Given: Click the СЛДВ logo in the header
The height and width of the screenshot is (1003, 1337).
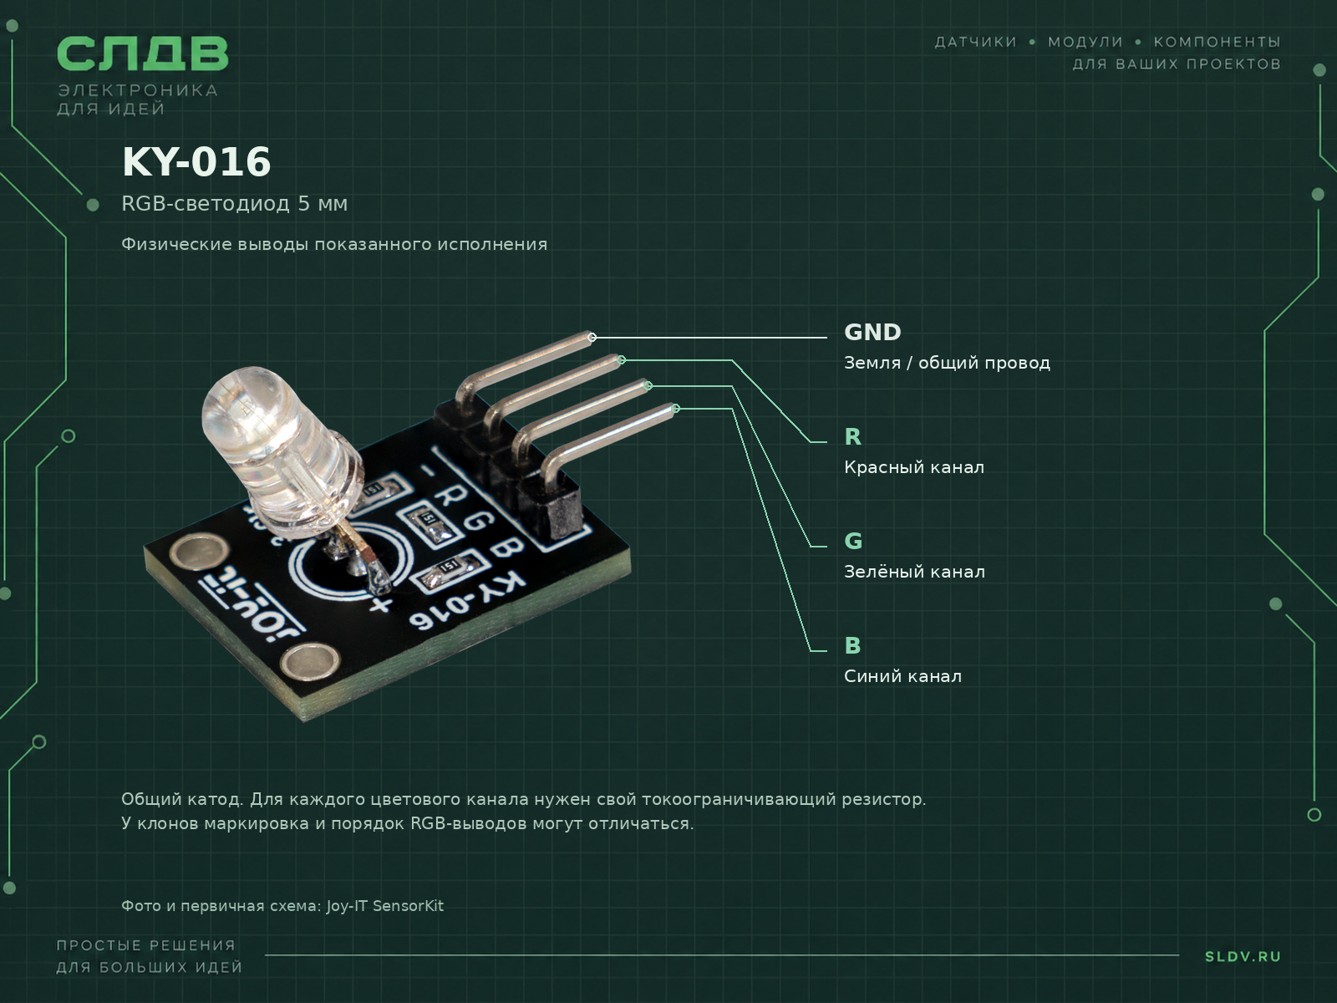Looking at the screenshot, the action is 143,53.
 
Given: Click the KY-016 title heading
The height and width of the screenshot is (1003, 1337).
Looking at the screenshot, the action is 196,162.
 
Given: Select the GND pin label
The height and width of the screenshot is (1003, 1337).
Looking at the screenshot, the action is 872,333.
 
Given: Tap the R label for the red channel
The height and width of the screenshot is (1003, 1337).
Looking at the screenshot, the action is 853,436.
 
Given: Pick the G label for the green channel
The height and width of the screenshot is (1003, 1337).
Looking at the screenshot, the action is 853,541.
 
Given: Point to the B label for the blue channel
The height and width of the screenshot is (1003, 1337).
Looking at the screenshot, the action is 853,645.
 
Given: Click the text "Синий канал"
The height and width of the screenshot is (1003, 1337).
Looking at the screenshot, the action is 902,676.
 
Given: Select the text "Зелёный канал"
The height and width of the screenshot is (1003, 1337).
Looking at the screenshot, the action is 914,571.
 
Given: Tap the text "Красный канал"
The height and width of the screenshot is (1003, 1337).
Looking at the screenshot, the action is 913,467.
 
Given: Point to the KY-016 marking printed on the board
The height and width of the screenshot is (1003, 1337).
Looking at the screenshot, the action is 466,600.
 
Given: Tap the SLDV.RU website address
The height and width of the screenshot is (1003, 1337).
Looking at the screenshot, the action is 1243,957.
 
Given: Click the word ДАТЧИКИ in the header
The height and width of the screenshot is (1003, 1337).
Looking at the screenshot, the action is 976,42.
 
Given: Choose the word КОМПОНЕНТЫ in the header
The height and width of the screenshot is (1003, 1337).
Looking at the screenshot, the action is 1217,42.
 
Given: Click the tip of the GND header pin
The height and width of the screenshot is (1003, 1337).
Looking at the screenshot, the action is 592,337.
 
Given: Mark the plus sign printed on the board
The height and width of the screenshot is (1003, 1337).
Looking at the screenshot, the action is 380,604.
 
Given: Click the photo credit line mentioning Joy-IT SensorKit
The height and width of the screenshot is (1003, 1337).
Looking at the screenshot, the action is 282,905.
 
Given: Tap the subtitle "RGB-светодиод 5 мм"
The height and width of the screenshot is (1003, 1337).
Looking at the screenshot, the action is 235,203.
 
